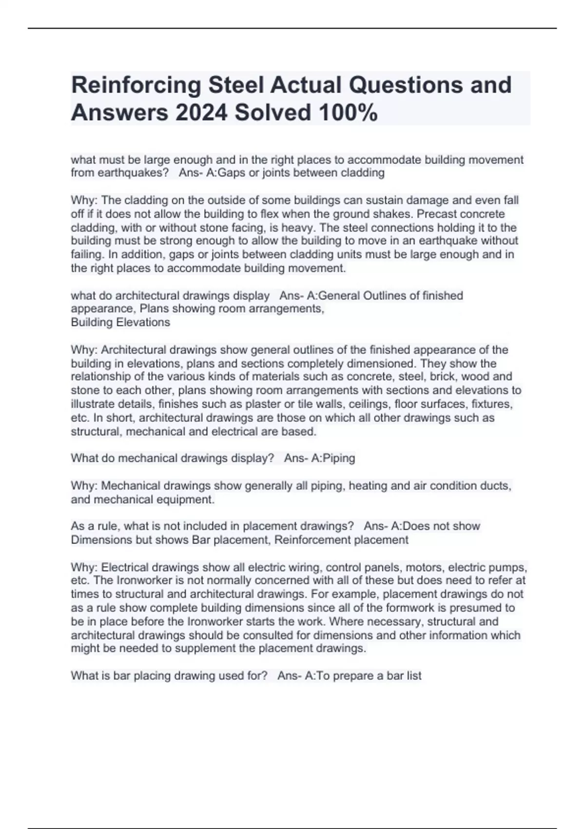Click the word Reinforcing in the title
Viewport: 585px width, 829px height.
pos(136,85)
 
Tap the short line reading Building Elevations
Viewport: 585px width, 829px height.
pos(120,322)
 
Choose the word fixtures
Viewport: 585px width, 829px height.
pos(493,404)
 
